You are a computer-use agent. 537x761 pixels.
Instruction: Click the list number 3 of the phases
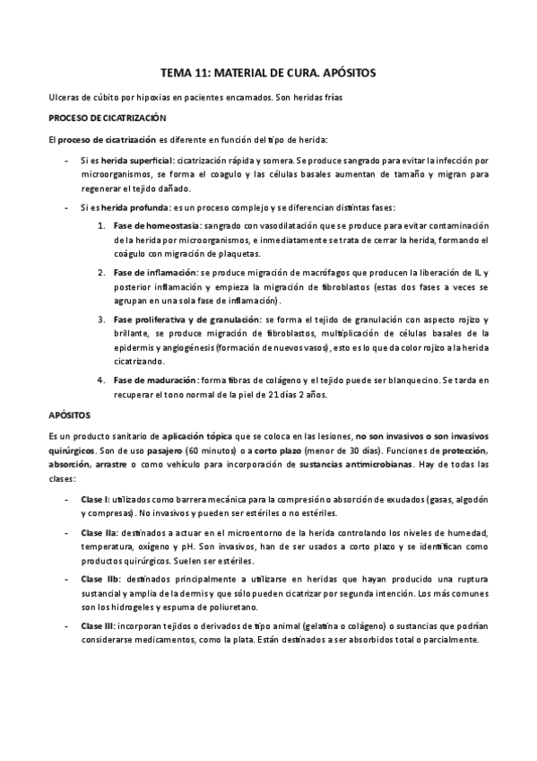click(100, 319)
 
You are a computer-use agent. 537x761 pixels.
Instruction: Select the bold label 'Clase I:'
click(95, 498)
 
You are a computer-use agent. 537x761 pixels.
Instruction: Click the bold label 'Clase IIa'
click(98, 532)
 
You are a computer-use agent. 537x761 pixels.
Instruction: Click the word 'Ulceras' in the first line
click(63, 96)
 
